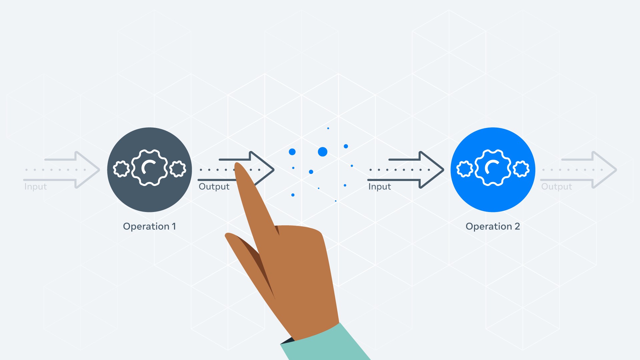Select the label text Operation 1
(x=149, y=226)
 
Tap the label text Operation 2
(x=493, y=226)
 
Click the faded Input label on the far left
(x=36, y=187)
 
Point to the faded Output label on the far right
(x=556, y=187)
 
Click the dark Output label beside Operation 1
(x=214, y=187)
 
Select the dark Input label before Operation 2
(x=379, y=187)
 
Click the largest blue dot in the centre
(x=323, y=152)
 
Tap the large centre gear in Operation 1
(x=149, y=168)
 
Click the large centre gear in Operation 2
(x=493, y=168)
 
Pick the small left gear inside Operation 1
(x=121, y=169)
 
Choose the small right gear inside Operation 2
(x=521, y=169)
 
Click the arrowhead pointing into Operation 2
(x=433, y=170)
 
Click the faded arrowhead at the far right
(x=607, y=170)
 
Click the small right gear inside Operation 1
(x=178, y=169)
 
